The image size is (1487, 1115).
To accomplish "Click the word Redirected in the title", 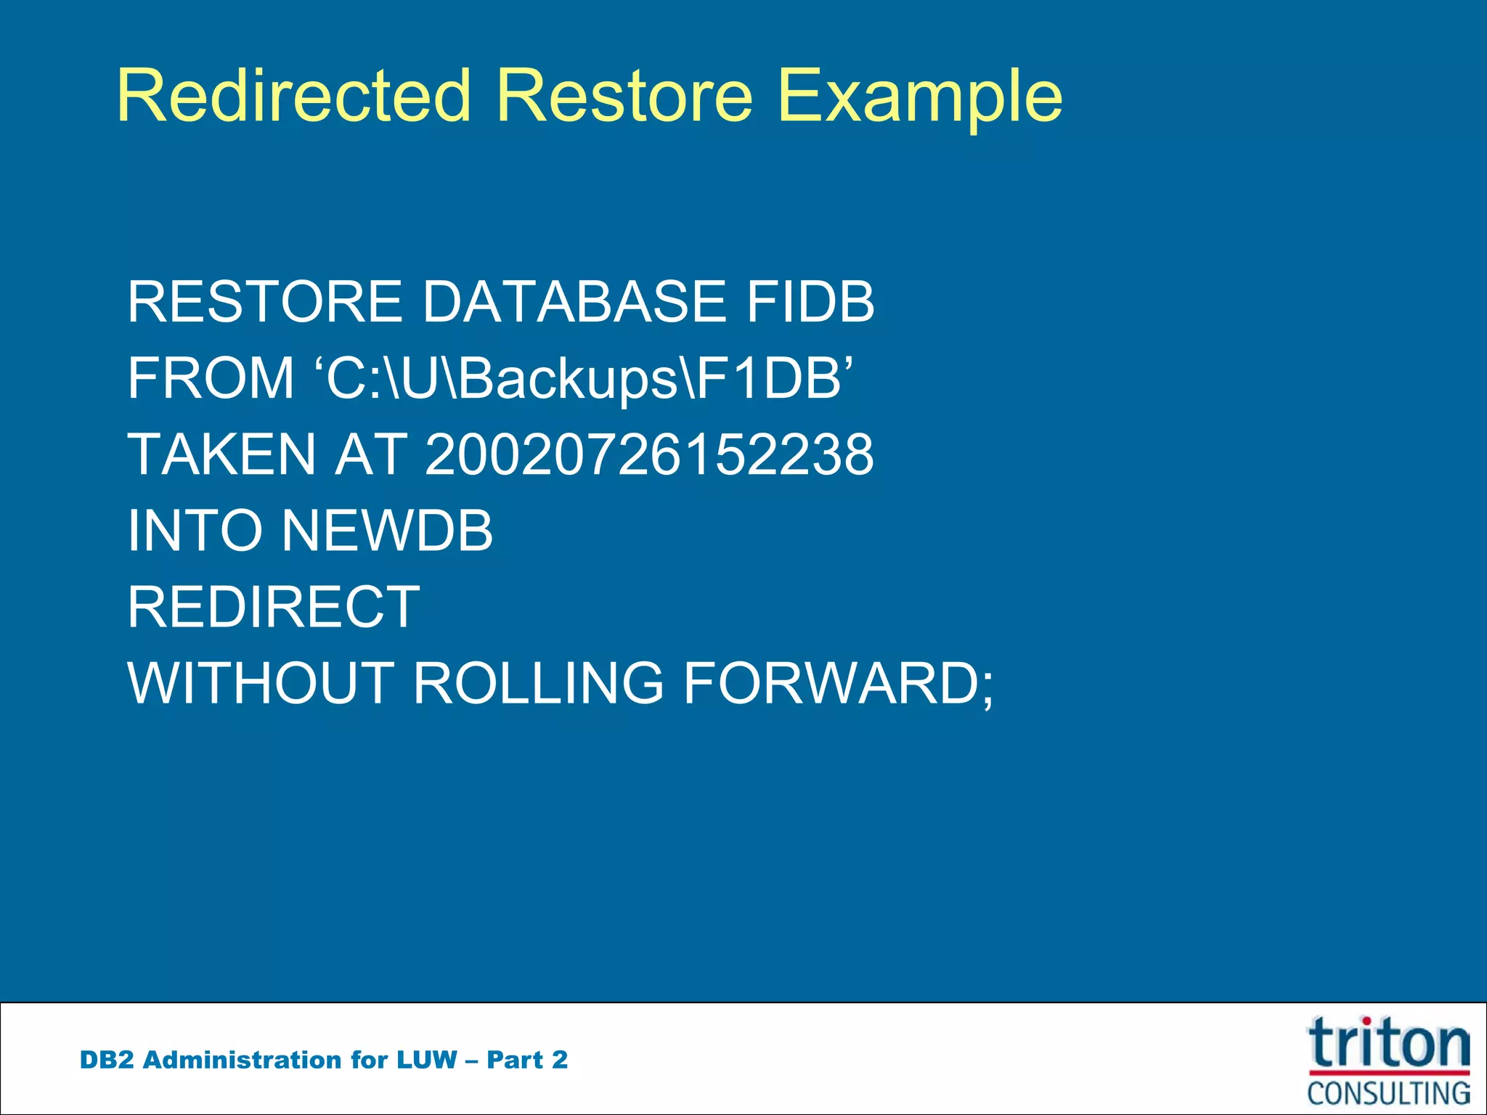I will (x=293, y=96).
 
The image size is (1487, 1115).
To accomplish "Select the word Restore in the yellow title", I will (x=624, y=96).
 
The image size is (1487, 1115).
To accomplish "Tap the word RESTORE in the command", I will (x=264, y=302).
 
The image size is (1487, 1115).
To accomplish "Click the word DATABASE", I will (x=574, y=302).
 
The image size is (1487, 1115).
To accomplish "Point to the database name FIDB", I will (x=810, y=302).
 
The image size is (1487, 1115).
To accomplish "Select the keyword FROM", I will (x=211, y=378).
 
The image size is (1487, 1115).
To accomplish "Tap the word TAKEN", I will (x=221, y=454).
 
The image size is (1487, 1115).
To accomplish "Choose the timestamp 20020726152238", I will (x=648, y=454).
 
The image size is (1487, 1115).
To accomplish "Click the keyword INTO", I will (x=194, y=531).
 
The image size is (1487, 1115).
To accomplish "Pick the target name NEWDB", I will (x=387, y=531).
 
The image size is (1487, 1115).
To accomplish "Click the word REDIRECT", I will (x=274, y=607).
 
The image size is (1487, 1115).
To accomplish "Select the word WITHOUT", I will (x=261, y=683).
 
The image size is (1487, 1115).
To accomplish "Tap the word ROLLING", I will (x=538, y=683).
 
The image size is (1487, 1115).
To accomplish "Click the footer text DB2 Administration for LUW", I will (x=269, y=1060).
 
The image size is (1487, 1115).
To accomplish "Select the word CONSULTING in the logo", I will (x=1388, y=1092).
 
